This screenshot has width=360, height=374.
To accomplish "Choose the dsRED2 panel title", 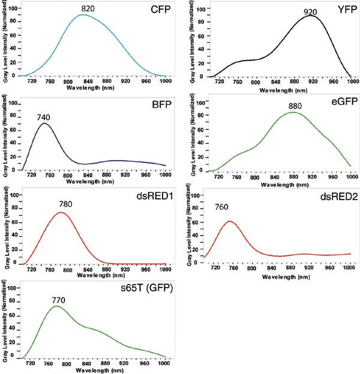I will (332, 195).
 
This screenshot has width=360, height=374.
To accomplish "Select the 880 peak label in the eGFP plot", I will (295, 106).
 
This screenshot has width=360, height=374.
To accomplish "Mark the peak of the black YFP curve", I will (309, 16).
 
